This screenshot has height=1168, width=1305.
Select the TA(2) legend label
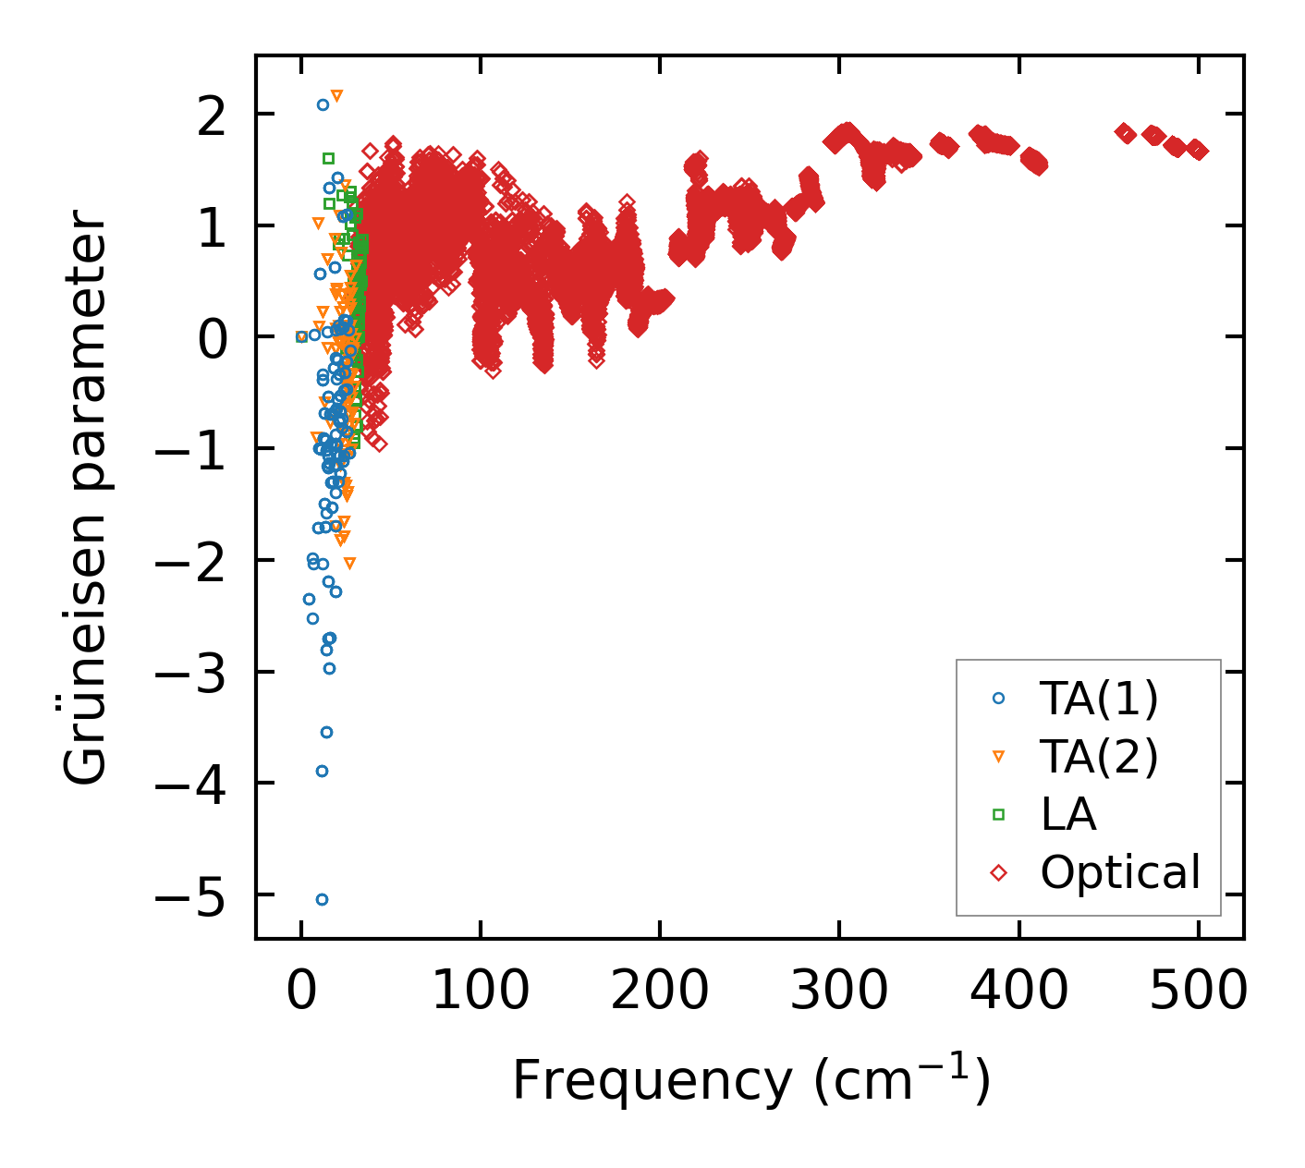tap(1098, 757)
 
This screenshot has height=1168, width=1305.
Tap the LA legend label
tap(1067, 814)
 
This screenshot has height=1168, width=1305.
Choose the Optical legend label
tap(1119, 871)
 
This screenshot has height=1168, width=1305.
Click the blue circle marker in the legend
tap(998, 699)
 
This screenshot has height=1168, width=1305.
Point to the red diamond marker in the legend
tap(998, 872)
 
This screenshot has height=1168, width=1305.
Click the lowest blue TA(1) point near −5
tap(322, 899)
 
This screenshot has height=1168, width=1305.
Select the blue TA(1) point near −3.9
tap(322, 771)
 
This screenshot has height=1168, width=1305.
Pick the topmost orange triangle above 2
tap(336, 95)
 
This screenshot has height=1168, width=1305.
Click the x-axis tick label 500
tap(1199, 992)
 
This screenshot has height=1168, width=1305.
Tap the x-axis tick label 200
tap(660, 992)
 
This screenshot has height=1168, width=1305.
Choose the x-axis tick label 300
tap(839, 992)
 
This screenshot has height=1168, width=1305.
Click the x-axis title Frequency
tap(652, 1080)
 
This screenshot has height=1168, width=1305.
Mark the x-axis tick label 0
tap(301, 992)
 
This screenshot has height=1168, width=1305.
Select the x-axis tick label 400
tap(1019, 992)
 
